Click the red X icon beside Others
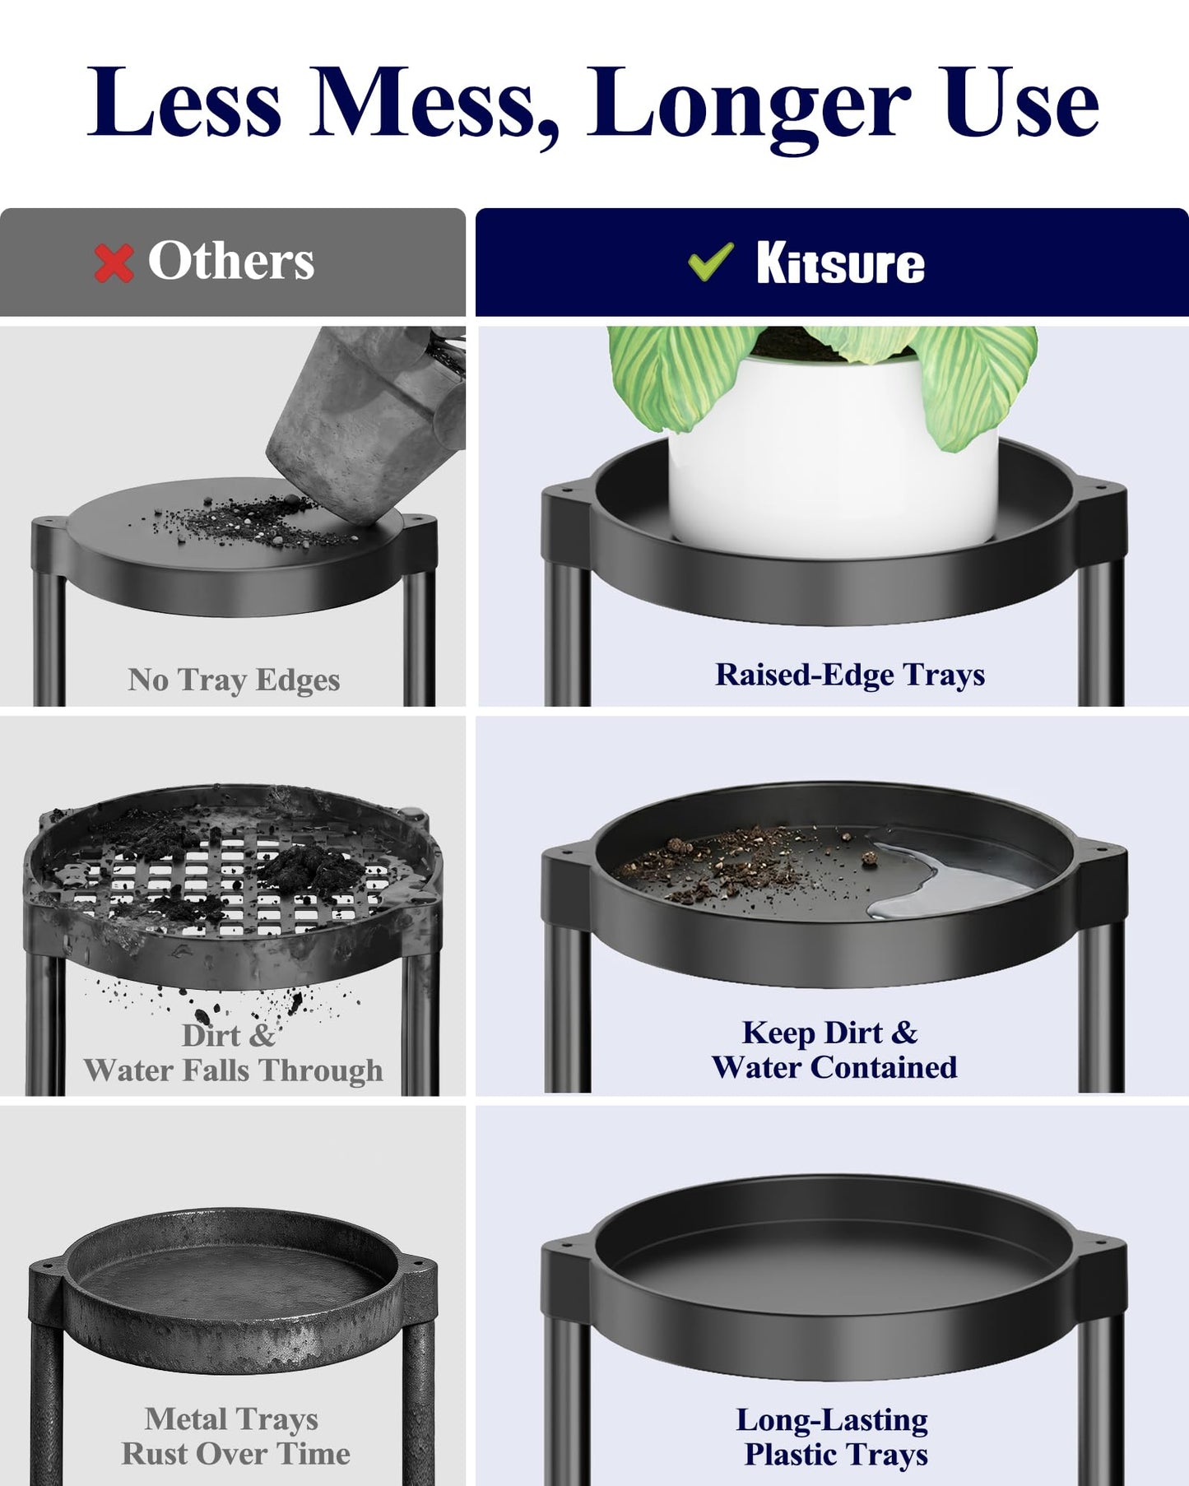click(114, 263)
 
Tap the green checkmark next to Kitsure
click(711, 262)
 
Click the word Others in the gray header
click(231, 262)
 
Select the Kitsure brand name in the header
click(840, 263)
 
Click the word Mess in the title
click(434, 103)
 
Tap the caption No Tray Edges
click(234, 680)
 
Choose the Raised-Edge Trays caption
click(849, 675)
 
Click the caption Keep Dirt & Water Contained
click(834, 1050)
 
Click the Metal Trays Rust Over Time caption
click(235, 1436)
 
